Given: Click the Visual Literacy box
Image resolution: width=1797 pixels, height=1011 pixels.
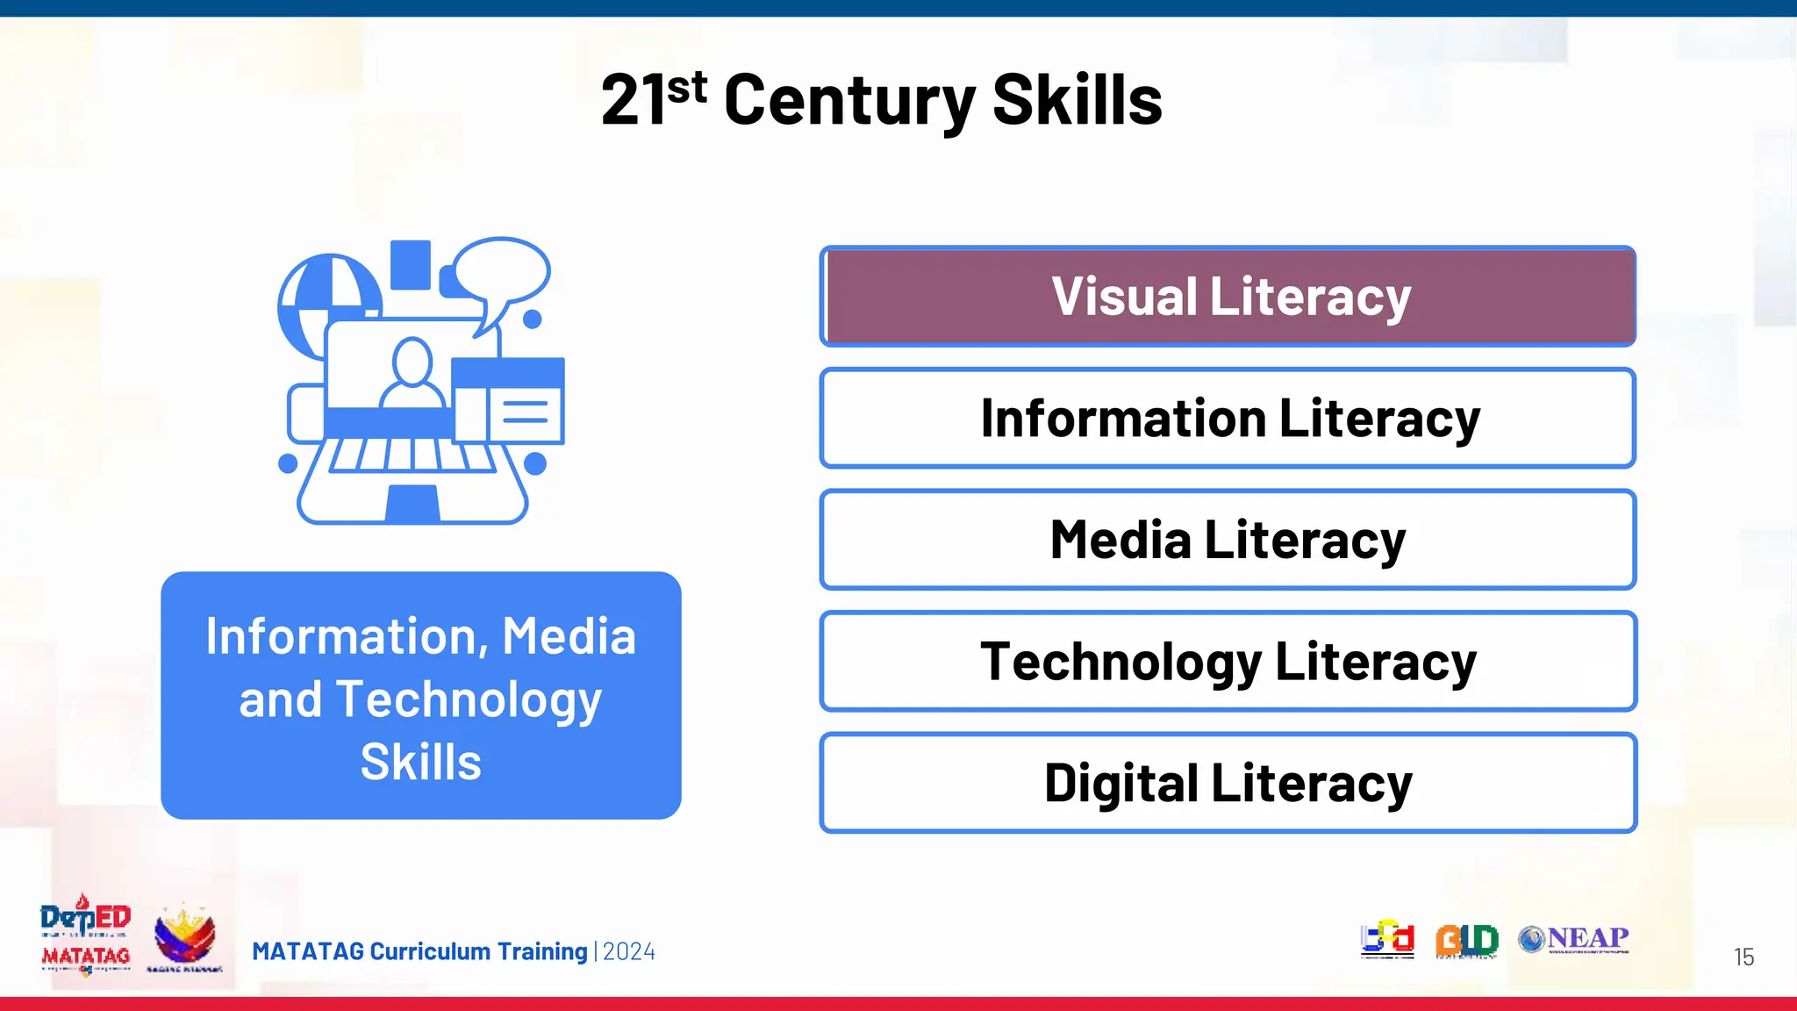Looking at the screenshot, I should pos(1228,297).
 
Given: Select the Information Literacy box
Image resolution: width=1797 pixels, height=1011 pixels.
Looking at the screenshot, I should pos(1228,418).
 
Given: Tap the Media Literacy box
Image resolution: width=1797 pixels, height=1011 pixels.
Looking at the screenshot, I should pos(1228,540).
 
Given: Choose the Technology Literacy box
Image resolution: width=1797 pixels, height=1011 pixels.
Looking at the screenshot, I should pos(1228,661).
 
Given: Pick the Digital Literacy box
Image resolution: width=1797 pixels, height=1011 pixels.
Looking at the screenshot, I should pos(1228,783).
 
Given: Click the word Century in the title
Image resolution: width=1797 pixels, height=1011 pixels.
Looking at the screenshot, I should pos(849,100).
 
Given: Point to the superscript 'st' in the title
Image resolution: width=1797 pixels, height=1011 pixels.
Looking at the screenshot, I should pos(687,88).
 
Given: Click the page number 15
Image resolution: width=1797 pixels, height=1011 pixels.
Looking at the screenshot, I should pos(1743,957).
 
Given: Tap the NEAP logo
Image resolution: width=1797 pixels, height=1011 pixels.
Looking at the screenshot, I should pos(1574,940).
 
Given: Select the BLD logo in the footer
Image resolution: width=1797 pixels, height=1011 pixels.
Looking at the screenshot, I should pos(1466,941).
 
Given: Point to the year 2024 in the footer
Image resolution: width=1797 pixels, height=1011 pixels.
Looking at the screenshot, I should pos(629,951).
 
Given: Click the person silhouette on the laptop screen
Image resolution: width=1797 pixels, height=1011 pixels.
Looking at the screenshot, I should pos(412,373).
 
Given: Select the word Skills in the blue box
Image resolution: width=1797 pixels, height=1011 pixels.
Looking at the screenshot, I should pos(421,762).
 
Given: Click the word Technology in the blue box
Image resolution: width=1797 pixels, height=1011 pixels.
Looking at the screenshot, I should pos(469,699).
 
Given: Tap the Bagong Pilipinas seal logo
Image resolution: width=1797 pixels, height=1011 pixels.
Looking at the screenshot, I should pos(184,937).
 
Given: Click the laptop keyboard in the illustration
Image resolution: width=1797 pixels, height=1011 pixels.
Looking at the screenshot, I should pos(412,455).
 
